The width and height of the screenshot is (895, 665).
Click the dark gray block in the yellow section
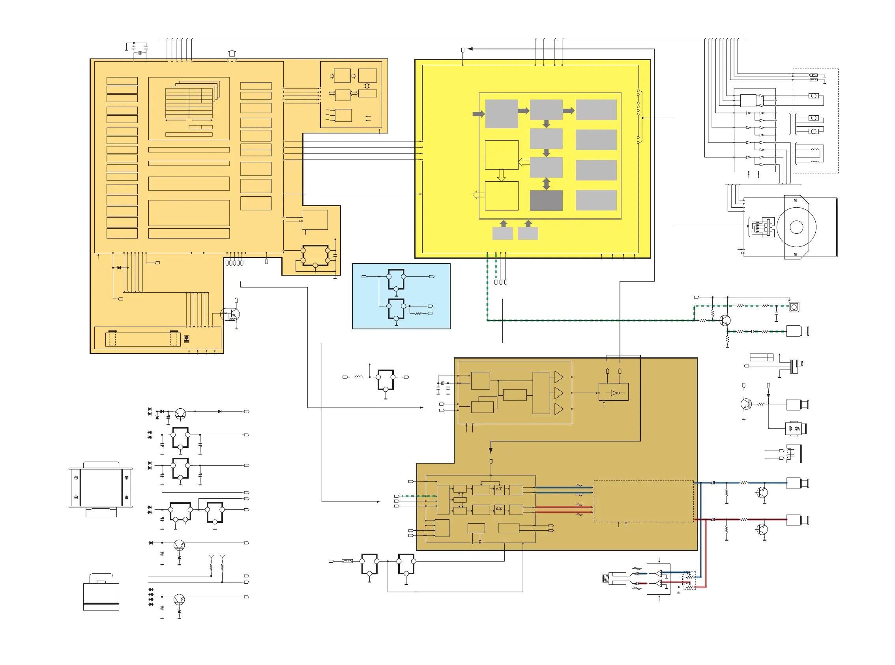(x=546, y=201)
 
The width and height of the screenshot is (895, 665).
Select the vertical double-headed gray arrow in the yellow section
(x=546, y=184)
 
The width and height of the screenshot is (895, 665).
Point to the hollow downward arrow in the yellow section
(x=501, y=175)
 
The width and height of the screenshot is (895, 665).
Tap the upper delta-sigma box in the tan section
(x=499, y=489)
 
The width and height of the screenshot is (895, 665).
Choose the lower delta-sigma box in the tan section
(x=499, y=509)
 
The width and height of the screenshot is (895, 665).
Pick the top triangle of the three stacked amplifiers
(x=558, y=377)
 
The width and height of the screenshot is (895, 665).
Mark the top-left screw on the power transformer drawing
(x=76, y=477)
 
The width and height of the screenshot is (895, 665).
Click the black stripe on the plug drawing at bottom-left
(x=101, y=604)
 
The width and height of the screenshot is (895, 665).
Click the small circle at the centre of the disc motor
(x=796, y=227)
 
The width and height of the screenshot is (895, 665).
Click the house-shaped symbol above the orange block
(x=232, y=53)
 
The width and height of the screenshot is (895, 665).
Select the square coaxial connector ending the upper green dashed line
(x=794, y=307)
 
